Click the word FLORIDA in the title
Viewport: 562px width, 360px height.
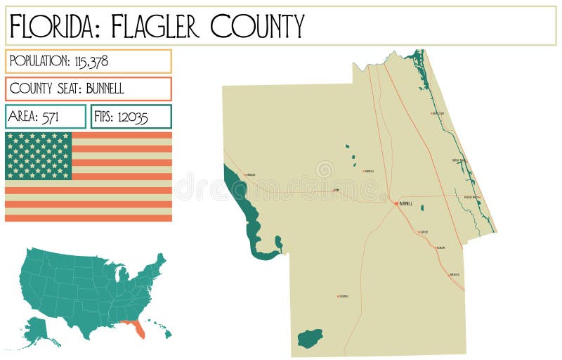coord(53,26)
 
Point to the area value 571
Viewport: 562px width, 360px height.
coord(51,117)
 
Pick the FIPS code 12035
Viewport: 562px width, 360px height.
coord(133,117)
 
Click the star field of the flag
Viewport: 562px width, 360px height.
coord(39,155)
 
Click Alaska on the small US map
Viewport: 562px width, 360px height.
coord(39,330)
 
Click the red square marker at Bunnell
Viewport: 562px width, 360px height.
coord(396,204)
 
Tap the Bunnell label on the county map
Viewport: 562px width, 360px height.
coord(406,205)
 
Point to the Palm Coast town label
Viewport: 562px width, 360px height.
coord(438,113)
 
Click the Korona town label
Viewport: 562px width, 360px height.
coord(440,248)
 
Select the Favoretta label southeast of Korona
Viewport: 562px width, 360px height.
coord(455,274)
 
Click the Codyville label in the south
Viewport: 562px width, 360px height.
coord(344,296)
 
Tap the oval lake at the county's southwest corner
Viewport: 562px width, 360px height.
coord(309,338)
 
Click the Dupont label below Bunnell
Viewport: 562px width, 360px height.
coord(423,232)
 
